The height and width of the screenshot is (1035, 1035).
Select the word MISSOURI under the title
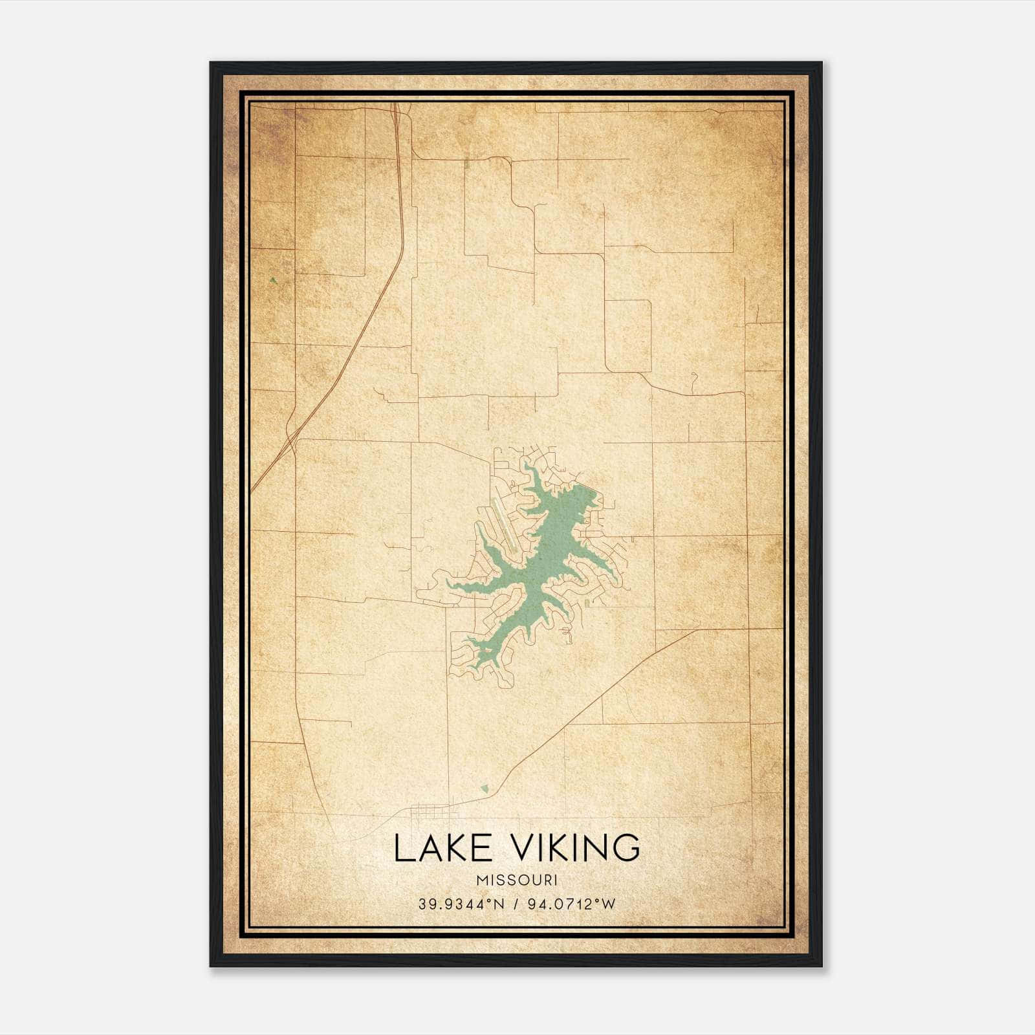tap(517, 880)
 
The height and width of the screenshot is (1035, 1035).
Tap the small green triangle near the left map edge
tap(274, 280)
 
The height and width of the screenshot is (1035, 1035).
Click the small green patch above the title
tap(485, 789)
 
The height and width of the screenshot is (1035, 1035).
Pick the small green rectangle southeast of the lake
tap(587, 603)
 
